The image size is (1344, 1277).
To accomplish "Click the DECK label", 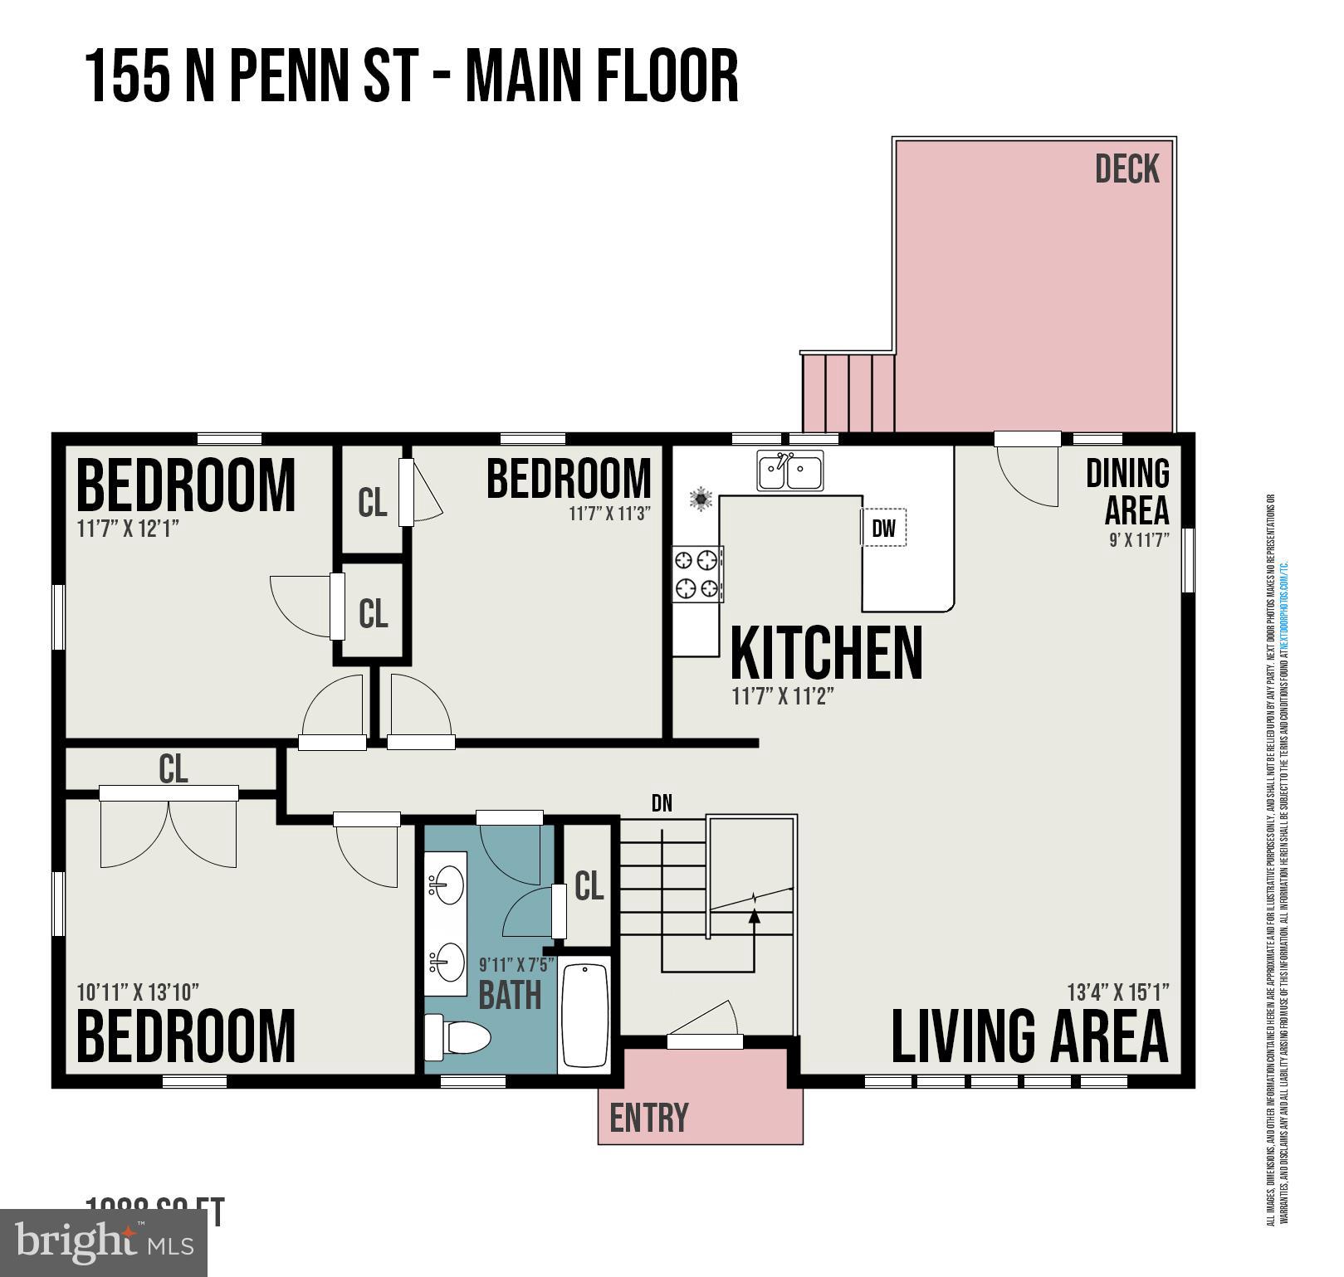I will click(1127, 169).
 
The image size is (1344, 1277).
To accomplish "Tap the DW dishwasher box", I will click(883, 528).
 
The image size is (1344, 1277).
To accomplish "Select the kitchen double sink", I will click(789, 471).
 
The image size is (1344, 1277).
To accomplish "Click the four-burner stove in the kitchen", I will click(696, 573).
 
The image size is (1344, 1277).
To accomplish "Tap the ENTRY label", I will click(648, 1118).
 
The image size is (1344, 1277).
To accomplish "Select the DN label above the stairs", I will click(662, 802).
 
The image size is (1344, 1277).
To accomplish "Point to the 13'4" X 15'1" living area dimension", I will click(1117, 992).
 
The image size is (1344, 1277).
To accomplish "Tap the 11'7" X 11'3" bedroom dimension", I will click(608, 514).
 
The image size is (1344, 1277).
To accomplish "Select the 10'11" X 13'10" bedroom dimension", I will click(138, 992).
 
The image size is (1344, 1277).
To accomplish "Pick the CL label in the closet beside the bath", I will click(589, 886).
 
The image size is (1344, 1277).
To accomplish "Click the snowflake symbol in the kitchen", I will click(701, 499).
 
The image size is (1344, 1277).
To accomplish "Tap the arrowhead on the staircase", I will click(754, 916).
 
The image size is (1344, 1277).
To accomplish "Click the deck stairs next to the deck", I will click(848, 392).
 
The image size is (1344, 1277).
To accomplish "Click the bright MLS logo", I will click(104, 1242).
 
